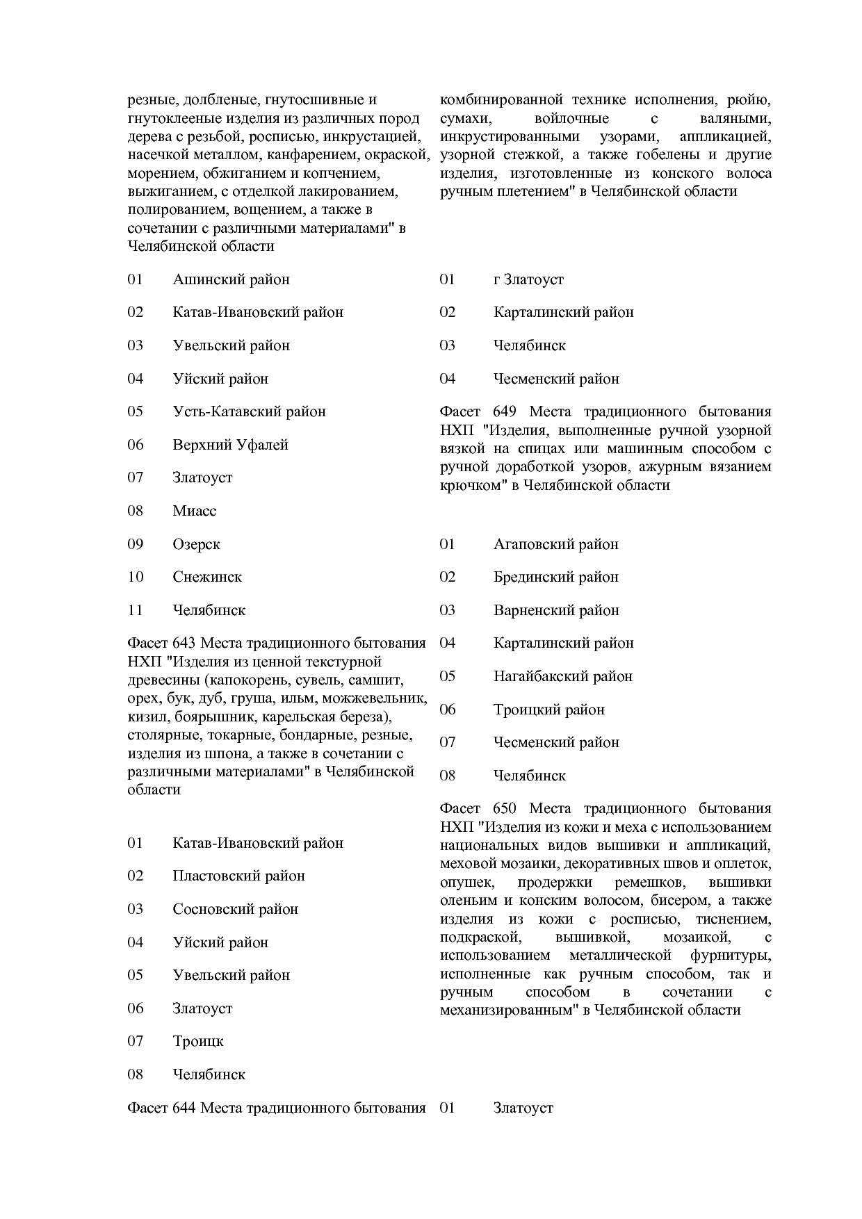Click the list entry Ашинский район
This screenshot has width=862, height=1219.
tap(231, 280)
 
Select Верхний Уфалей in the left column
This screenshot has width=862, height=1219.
tap(230, 445)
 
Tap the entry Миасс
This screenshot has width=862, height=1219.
tap(195, 512)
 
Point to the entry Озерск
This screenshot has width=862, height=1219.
tap(196, 545)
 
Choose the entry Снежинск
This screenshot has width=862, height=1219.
tap(207, 578)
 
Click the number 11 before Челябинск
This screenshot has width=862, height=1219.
tap(135, 611)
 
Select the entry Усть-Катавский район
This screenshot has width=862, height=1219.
tap(249, 412)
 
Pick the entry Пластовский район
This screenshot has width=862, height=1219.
tap(238, 876)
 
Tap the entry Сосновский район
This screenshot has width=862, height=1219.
tap(235, 910)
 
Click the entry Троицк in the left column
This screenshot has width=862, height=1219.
tap(198, 1042)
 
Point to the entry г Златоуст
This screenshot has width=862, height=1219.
tap(528, 280)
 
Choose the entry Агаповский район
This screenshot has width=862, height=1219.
tap(555, 545)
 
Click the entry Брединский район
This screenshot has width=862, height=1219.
tap(555, 578)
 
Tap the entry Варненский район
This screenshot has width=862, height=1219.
tap(556, 611)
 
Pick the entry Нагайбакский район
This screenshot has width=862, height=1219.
tap(563, 677)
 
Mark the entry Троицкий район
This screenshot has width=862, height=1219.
tap(548, 710)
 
